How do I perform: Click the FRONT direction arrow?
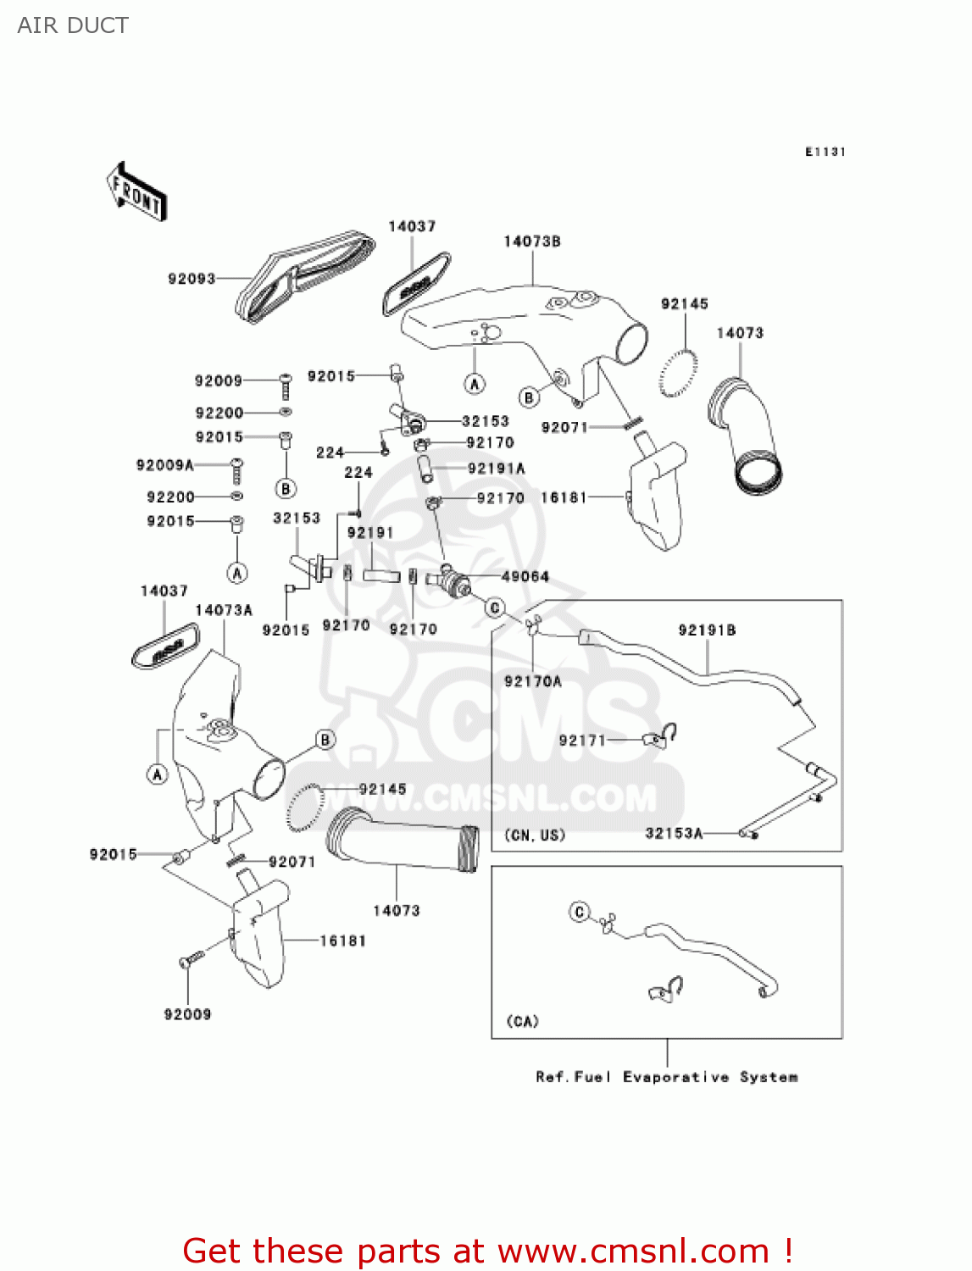136,191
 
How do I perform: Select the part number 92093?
192,279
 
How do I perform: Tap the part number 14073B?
532,241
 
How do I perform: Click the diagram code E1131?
825,152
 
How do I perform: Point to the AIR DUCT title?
73,25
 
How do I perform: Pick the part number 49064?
525,576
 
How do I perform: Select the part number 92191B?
707,630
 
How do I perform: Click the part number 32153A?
674,833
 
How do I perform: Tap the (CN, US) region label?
535,835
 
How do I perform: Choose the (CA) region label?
522,1021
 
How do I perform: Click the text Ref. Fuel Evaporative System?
667,1077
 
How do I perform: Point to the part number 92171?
582,740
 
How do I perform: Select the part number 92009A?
164,465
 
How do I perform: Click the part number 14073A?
224,610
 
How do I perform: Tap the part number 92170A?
533,680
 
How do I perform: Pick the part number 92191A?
497,468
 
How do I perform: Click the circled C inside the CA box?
580,912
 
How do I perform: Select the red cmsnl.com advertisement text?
487,1251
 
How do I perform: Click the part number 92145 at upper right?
684,303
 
